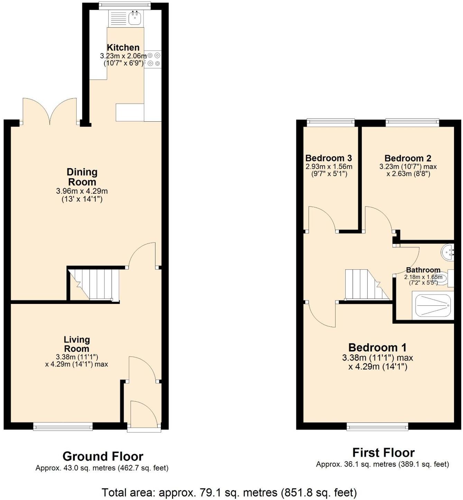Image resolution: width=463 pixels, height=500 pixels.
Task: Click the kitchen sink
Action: (x=135, y=18)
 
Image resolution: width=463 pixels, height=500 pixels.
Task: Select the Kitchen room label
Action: (x=123, y=48)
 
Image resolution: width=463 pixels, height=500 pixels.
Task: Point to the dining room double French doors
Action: (x=49, y=112)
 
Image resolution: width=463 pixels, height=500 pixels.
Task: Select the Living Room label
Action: (x=76, y=344)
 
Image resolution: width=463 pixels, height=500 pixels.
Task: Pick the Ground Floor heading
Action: (x=103, y=456)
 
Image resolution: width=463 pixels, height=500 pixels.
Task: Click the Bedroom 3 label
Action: (x=328, y=158)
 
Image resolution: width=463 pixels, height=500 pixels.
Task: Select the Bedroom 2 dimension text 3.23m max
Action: (x=408, y=166)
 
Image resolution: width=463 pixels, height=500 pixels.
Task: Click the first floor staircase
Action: (x=367, y=285)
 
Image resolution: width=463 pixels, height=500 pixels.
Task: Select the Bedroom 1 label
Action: (x=377, y=348)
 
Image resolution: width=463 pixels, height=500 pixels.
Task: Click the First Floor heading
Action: (x=383, y=452)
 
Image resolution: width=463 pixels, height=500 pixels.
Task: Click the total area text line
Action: (x=229, y=492)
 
